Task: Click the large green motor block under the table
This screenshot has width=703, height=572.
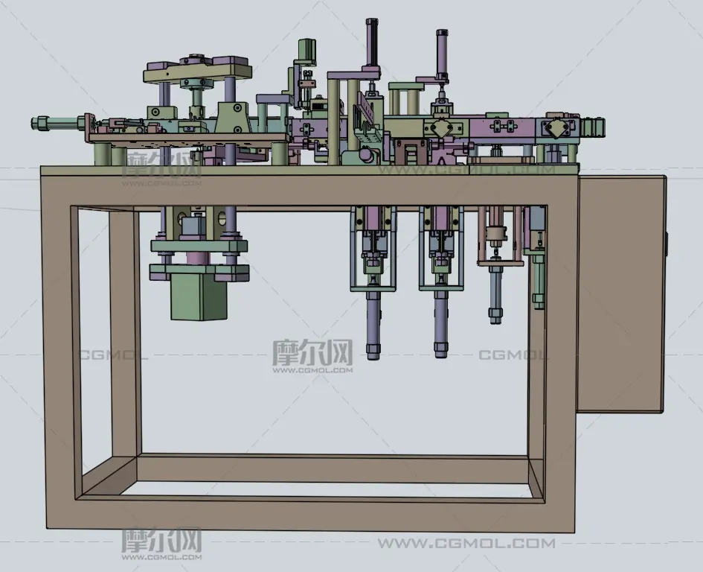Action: pos(199,296)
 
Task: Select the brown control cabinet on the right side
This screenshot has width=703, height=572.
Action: pos(621,293)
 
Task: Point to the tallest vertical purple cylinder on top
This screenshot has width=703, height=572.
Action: pos(372,44)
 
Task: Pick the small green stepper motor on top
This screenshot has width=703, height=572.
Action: pos(306,51)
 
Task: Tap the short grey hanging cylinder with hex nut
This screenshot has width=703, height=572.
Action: pos(495,294)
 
